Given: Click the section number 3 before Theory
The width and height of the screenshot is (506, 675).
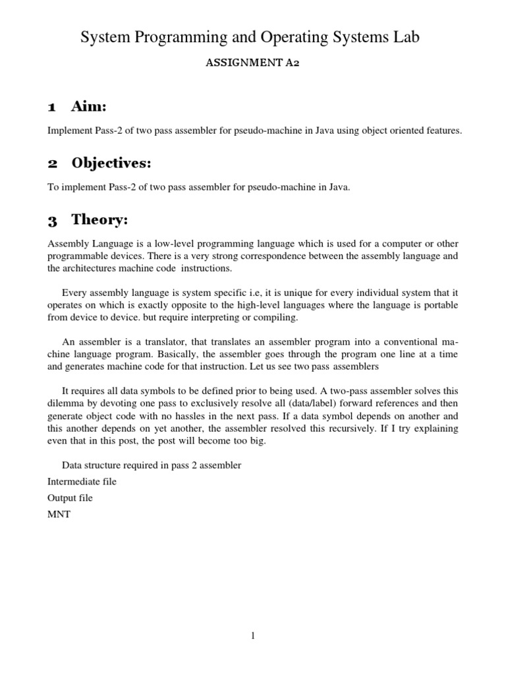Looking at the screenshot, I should click(x=53, y=220).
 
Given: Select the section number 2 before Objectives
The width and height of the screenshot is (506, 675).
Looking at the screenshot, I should click(x=53, y=163).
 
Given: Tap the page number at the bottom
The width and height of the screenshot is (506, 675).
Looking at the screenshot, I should click(x=252, y=635).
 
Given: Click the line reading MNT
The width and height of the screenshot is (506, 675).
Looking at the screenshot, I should click(x=59, y=514).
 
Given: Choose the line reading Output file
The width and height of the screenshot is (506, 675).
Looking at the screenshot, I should click(x=70, y=498).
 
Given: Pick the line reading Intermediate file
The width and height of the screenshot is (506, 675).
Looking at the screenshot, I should click(x=82, y=482).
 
